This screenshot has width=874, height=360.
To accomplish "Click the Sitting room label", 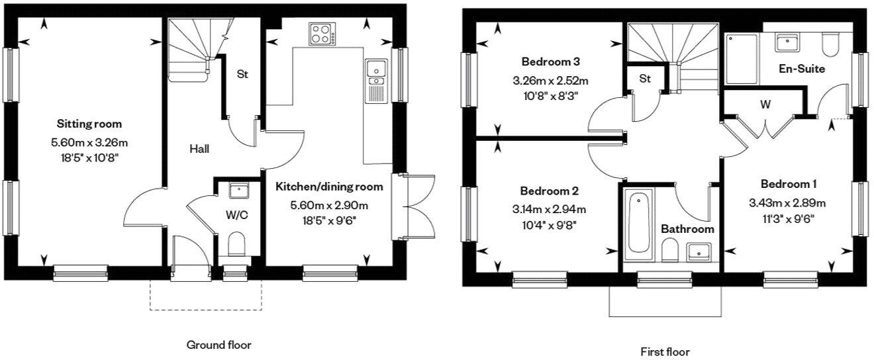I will point(89,124).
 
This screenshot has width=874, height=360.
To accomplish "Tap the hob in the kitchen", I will point(320,34).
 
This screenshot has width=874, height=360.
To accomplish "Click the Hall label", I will point(199,149).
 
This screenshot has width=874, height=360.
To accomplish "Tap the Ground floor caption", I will point(219,345).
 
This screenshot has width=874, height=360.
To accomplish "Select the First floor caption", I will point(665,351).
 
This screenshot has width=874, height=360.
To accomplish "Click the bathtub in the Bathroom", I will point(638,222).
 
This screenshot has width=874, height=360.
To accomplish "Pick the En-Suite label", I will point(801,68).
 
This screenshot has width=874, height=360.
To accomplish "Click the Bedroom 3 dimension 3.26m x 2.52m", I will point(550,81).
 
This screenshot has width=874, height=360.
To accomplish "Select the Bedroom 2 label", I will point(549,191).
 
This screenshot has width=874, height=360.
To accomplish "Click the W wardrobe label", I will point(765,105).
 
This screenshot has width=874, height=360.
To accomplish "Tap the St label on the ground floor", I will point(242,75).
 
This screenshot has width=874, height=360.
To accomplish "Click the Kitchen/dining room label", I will point(329,187).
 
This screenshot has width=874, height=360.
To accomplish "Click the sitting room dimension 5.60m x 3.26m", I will point(89,142).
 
